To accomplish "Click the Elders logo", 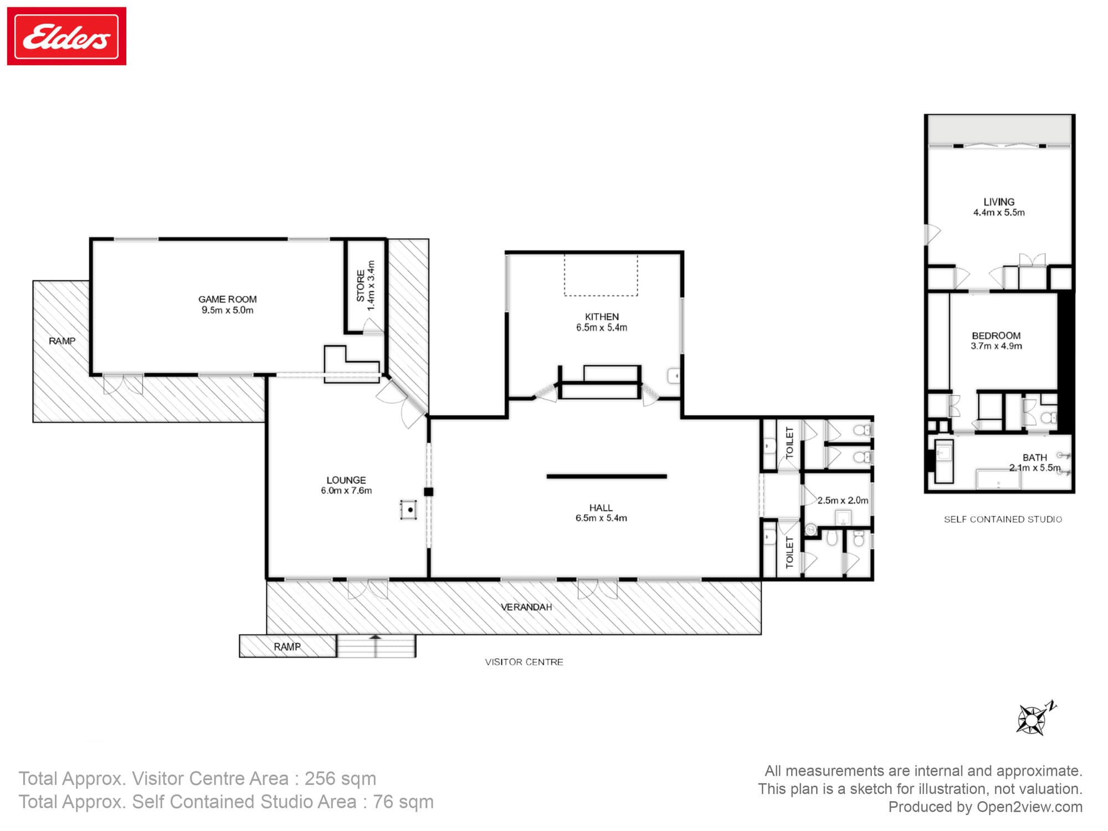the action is pos(66,36).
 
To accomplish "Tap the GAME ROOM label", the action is pos(227,299).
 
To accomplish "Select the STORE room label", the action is pos(361,286).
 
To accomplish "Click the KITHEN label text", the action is pos(602,317).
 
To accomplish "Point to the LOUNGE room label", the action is pos(346,480).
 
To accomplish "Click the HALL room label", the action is pos(601,508).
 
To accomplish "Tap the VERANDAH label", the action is pos(526,607).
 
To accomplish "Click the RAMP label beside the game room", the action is pos(62,341).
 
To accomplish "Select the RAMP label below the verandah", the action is pos(287,647).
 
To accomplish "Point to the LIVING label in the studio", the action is pos(999,202).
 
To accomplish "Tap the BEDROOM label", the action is pos(996,336).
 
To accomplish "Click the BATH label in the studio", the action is pos(1035,458).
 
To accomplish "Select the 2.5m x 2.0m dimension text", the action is pos(843,500).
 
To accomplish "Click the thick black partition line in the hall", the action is pos(607,476).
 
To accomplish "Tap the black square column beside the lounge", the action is pos(428,492).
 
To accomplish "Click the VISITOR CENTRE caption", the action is pos(524,662).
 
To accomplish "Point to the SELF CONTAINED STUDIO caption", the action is pos(1003,520).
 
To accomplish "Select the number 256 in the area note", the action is pos(320,778).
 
